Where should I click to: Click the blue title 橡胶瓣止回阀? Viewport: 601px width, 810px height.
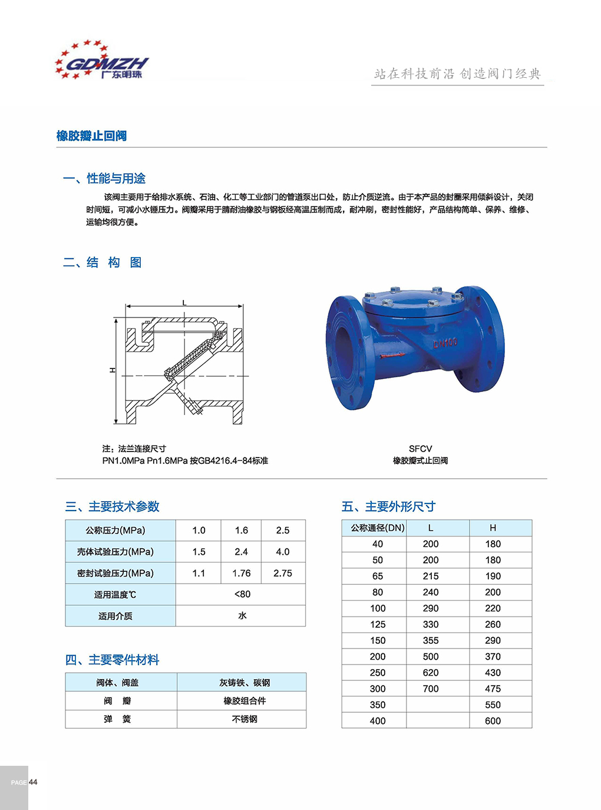91,136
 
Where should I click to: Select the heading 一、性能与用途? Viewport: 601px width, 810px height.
104,179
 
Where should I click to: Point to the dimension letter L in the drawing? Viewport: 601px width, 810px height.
184,303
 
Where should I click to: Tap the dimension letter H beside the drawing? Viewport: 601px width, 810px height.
113,370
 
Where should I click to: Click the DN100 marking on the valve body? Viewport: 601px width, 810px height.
445,343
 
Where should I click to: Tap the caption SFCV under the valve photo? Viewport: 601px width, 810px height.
420,449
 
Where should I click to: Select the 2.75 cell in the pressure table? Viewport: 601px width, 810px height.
283,573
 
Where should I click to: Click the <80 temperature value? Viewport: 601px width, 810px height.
242,594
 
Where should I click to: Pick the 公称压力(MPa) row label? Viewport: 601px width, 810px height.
115,531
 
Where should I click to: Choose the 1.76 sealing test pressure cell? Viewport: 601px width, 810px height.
241,573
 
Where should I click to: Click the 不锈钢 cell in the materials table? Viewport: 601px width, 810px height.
245,719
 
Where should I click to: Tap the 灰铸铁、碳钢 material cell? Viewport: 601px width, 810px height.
245,683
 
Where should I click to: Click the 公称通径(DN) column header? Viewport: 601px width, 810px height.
378,528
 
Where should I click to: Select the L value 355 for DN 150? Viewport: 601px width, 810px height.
431,640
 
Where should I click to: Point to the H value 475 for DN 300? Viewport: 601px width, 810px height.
493,689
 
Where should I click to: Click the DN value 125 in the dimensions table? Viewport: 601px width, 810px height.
378,624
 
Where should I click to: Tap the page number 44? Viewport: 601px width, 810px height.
33,782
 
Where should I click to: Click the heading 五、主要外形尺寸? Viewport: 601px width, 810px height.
388,506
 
